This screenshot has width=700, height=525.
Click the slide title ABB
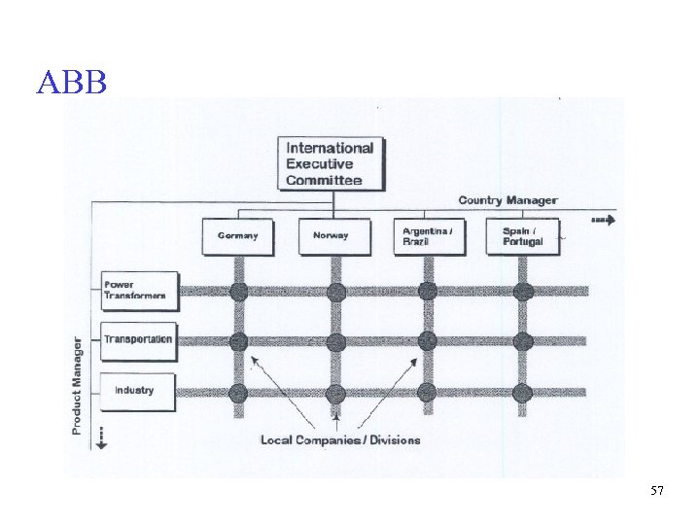(71, 83)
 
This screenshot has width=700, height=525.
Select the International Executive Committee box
(331, 163)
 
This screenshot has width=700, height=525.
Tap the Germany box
(238, 236)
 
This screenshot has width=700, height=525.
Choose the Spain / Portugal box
(523, 236)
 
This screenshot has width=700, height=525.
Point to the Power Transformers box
(140, 290)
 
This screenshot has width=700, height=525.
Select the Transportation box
(139, 340)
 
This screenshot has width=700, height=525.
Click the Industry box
(137, 391)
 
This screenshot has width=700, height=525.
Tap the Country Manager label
(507, 200)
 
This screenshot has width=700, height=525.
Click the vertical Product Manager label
(77, 386)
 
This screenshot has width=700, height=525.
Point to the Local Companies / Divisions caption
(340, 440)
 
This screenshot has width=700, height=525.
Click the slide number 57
(657, 492)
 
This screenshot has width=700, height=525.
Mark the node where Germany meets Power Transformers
(238, 291)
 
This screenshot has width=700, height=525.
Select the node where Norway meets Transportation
(335, 341)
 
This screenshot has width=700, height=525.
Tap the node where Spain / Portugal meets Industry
(523, 393)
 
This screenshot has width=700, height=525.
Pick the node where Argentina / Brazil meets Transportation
(428, 341)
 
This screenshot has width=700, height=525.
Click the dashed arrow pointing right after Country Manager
(603, 221)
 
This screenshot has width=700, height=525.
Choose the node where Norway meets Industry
(335, 393)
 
